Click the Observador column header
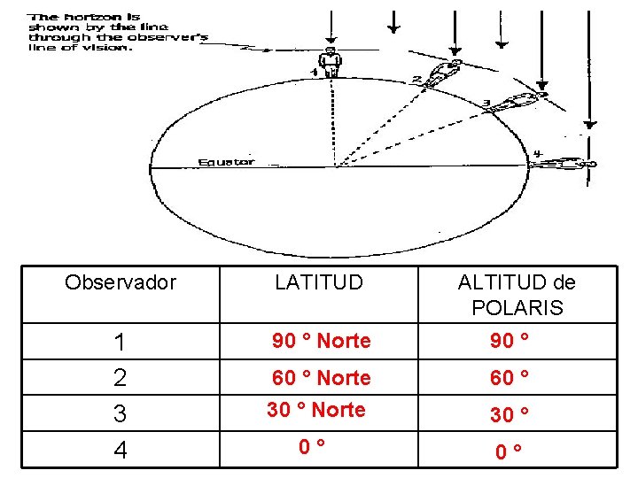(121, 282)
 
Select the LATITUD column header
(319, 282)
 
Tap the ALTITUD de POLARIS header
(517, 295)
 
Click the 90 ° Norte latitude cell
(322, 341)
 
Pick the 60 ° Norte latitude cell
(322, 378)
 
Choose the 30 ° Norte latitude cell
(316, 410)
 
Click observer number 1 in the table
(121, 343)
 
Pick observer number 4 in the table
(121, 450)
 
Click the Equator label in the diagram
(226, 162)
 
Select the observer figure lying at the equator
(564, 164)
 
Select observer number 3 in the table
(121, 413)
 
